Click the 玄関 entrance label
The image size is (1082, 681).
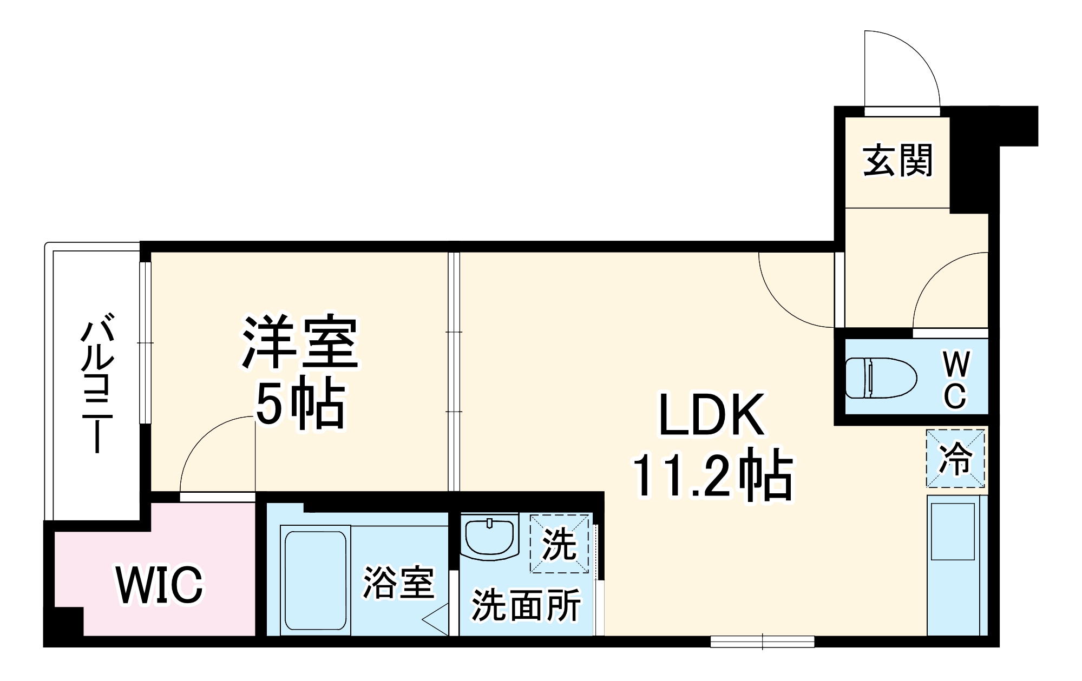click(898, 161)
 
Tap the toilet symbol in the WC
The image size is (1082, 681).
click(881, 378)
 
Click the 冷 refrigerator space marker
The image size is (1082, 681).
click(955, 459)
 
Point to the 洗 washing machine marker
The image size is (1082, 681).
click(559, 543)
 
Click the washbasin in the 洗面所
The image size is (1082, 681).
click(489, 537)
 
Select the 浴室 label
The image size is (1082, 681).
click(398, 583)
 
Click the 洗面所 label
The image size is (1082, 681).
click(526, 605)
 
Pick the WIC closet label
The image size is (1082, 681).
click(160, 585)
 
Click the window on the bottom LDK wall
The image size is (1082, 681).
click(762, 642)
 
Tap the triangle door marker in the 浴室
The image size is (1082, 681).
click(436, 620)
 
